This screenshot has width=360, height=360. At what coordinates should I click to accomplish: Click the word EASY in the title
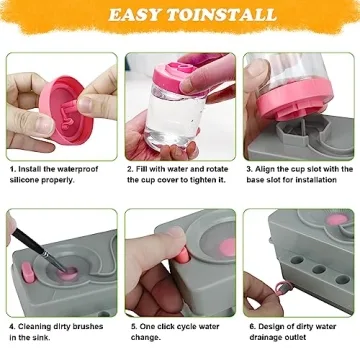coord(139,15)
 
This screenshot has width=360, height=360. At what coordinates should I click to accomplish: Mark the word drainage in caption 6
coord(274,338)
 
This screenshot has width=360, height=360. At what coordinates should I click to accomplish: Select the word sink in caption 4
coord(43,338)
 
